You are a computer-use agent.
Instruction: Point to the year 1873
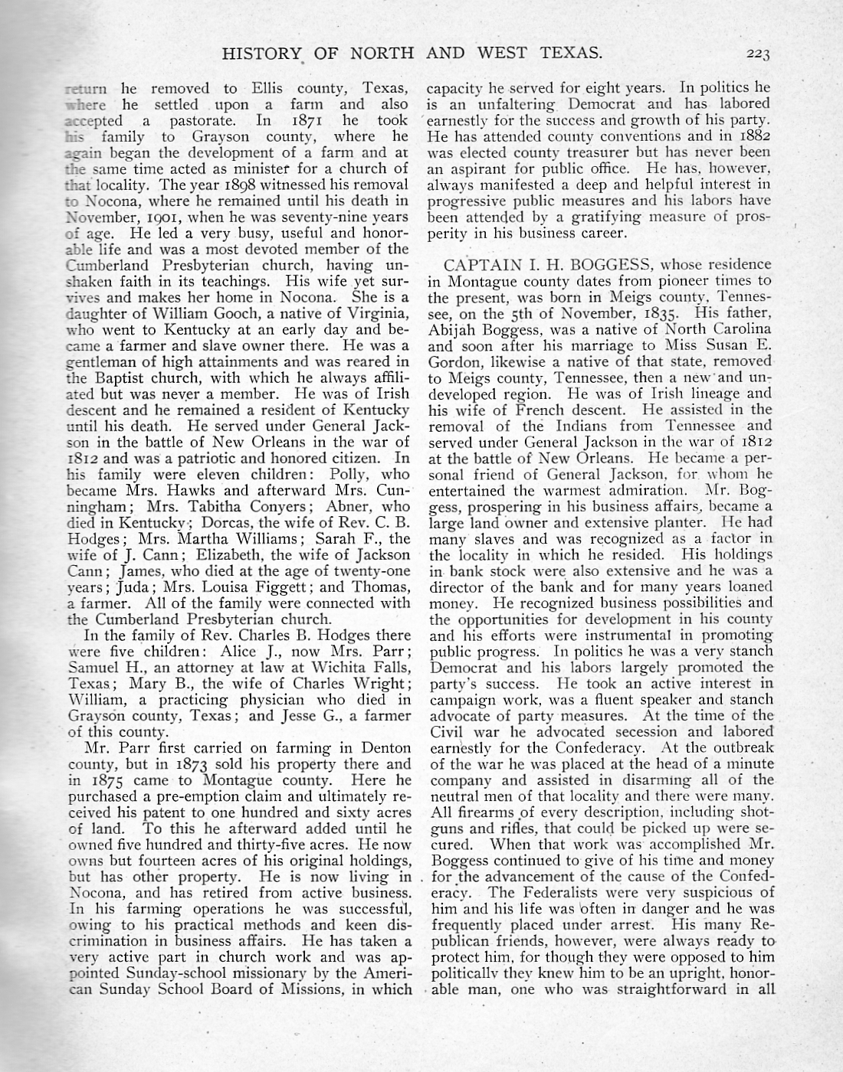click(200, 763)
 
